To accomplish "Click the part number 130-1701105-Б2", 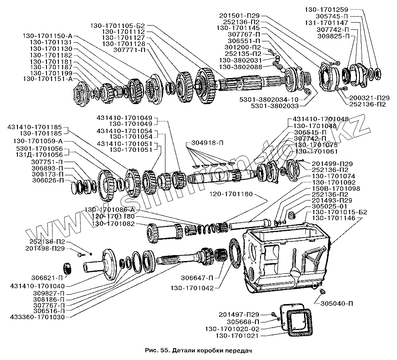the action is click(x=118, y=26).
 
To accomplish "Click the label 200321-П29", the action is click(x=369, y=98).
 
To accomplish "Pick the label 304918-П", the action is click(x=207, y=143).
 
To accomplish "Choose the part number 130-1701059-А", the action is click(x=38, y=141).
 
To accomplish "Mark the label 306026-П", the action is click(x=48, y=180).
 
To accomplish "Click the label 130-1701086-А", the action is click(x=110, y=210).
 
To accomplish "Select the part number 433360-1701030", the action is click(x=38, y=317).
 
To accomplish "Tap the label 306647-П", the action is click(x=197, y=278).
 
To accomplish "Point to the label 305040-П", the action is click(x=337, y=304).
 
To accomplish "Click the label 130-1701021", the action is click(x=237, y=336).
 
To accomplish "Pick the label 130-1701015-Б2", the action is click(x=339, y=212).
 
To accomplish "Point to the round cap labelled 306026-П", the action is click(x=75, y=188).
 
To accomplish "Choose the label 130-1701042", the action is click(x=192, y=288).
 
